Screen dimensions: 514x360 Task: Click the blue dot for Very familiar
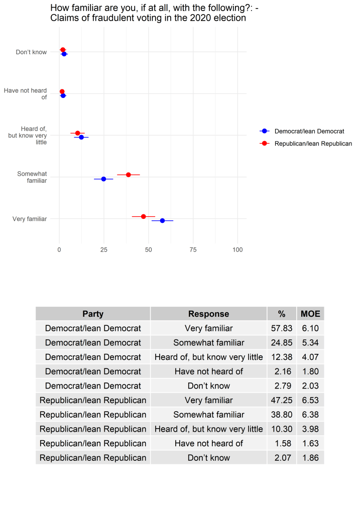[x=162, y=220]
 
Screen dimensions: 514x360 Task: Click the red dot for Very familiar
[x=144, y=216]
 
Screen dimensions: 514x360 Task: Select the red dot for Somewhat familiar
[x=129, y=175]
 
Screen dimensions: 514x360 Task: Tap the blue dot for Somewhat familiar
[x=103, y=179]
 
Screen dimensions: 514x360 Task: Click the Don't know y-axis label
[x=31, y=52]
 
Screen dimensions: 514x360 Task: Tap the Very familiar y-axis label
[x=30, y=219]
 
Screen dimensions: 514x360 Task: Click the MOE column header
[x=310, y=314]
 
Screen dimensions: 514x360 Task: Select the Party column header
[x=93, y=314]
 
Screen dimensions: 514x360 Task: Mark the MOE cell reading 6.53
[x=310, y=401]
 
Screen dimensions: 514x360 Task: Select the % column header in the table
[x=282, y=314]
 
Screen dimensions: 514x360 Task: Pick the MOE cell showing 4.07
[x=310, y=357]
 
